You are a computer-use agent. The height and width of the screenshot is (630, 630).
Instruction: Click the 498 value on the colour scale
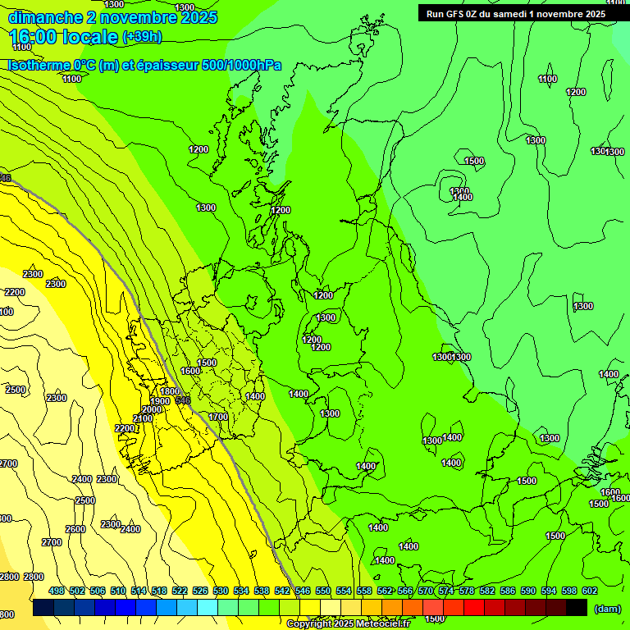coord(57,591)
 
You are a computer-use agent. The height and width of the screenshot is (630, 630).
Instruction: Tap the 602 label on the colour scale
coord(590,591)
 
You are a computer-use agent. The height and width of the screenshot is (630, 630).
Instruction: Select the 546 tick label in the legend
coord(303,591)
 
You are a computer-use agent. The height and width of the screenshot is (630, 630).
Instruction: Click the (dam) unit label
coord(608,608)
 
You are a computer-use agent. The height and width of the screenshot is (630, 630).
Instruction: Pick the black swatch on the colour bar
coord(577,607)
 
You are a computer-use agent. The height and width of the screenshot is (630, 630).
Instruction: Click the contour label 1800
coord(170,392)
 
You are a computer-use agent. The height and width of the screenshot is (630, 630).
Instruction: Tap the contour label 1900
coord(160,401)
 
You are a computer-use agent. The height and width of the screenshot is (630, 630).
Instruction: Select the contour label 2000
coord(152,410)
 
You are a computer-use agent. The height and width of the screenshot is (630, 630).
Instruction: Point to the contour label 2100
coord(143,419)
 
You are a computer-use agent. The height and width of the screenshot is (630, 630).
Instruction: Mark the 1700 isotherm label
coord(218,417)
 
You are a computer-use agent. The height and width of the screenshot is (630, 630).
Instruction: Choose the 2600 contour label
coord(75,529)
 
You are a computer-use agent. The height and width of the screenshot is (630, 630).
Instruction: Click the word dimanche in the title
coord(46,17)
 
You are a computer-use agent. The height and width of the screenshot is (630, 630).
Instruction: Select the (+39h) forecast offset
coord(142,37)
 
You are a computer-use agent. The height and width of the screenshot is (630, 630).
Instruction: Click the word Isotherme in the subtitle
coord(39,65)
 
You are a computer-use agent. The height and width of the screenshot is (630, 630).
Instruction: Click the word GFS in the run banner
coord(459,13)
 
